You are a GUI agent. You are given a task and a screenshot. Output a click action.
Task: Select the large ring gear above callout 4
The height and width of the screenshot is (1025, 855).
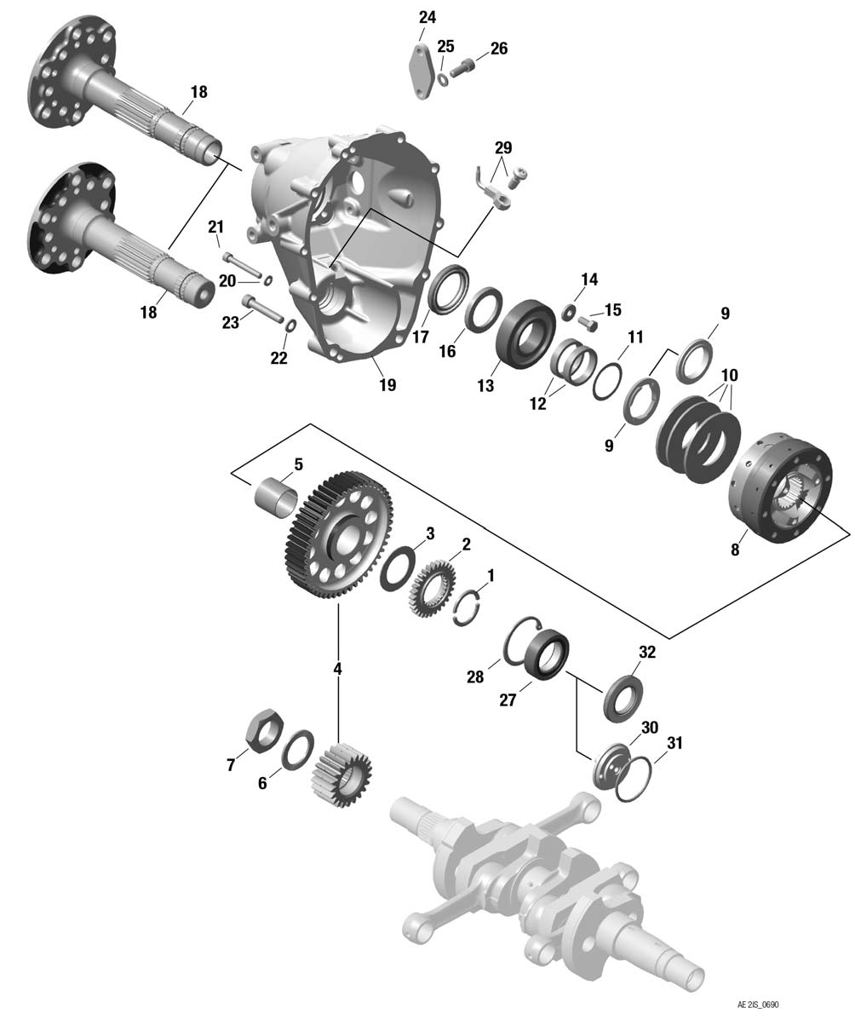click(x=337, y=535)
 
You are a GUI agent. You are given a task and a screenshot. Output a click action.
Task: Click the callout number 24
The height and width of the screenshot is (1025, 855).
click(x=427, y=17)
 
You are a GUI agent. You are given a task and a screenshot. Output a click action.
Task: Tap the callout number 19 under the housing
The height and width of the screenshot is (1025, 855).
click(x=387, y=385)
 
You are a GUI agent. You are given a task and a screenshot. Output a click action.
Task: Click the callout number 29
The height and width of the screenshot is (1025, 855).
click(x=503, y=147)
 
